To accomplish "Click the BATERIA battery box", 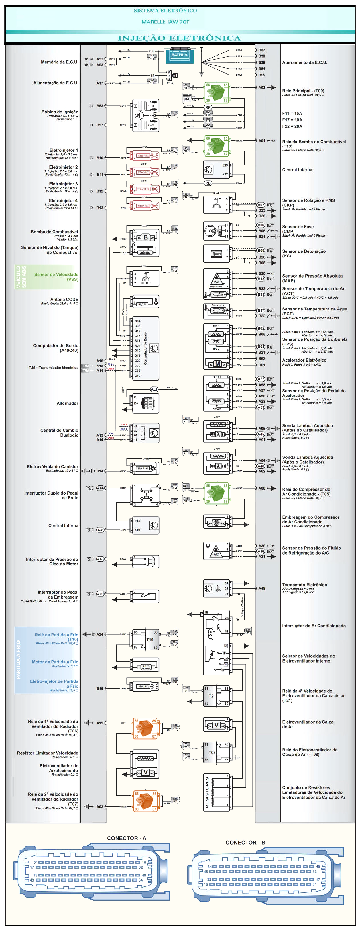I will (x=179, y=55).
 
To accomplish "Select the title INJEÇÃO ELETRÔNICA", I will (x=179, y=38).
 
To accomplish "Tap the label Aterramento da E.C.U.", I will (x=304, y=62).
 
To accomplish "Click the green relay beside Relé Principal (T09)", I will (x=217, y=93).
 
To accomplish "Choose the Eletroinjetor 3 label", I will (x=63, y=184).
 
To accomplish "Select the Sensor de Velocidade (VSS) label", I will (x=56, y=277).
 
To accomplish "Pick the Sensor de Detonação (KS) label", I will (x=304, y=253).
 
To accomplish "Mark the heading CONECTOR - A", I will (x=127, y=838).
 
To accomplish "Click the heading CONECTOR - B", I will (x=245, y=843).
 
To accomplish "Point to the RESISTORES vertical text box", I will (x=207, y=793).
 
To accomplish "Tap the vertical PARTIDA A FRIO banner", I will (x=19, y=660).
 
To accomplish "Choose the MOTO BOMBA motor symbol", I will (x=146, y=667).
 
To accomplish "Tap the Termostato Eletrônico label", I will (x=304, y=585).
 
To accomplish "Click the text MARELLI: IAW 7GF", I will (x=166, y=22).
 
